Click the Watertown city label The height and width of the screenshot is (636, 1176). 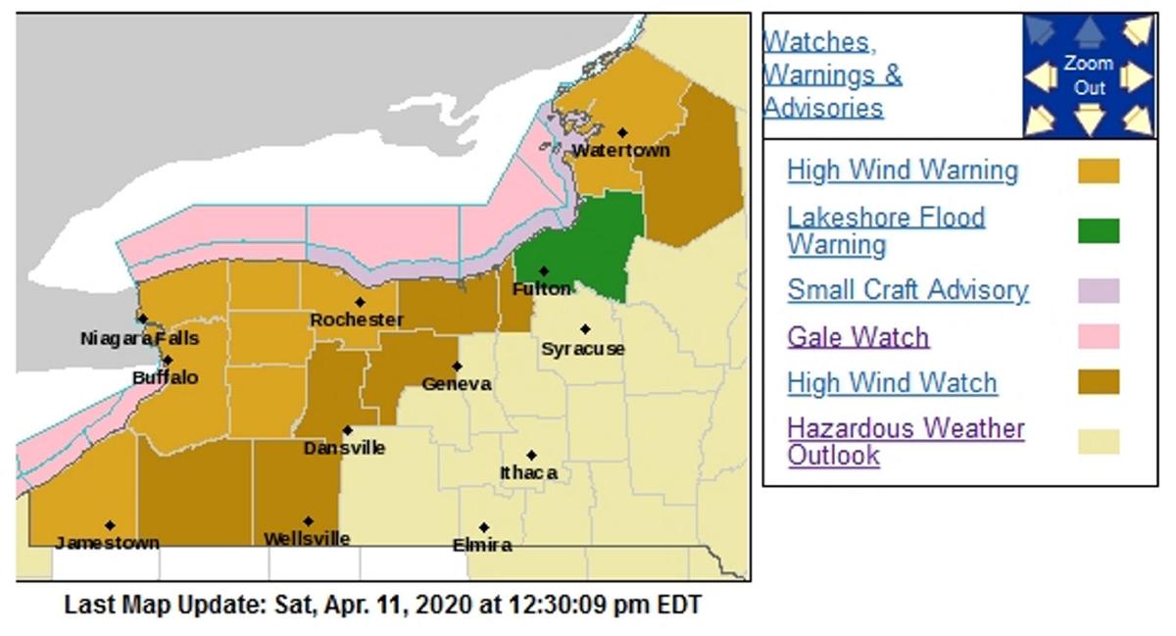point(620,151)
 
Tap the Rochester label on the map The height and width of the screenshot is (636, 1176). point(357,320)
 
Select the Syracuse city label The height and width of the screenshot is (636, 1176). point(583,349)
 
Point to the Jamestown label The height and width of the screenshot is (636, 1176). point(107,543)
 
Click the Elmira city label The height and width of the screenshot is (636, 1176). point(482,546)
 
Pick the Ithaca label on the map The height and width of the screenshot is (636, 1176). point(529,473)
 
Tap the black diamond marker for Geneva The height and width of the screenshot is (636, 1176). point(457,366)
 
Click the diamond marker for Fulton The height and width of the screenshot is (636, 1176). point(543,271)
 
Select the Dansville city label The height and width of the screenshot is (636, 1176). point(344,449)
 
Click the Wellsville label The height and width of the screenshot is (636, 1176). point(307,539)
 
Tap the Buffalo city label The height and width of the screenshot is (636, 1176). point(166,377)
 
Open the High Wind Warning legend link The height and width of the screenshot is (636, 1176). point(902,171)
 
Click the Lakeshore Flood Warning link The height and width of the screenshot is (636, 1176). point(886,230)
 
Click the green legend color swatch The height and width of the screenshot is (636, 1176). point(1099,231)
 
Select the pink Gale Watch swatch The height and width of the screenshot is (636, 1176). point(1099,337)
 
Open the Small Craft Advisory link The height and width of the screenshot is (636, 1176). point(907,290)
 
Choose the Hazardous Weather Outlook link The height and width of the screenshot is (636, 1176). point(906,442)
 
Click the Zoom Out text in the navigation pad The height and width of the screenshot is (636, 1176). point(1089,75)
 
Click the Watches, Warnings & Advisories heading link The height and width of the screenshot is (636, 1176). point(832,74)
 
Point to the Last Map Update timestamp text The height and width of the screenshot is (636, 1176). point(383,605)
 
